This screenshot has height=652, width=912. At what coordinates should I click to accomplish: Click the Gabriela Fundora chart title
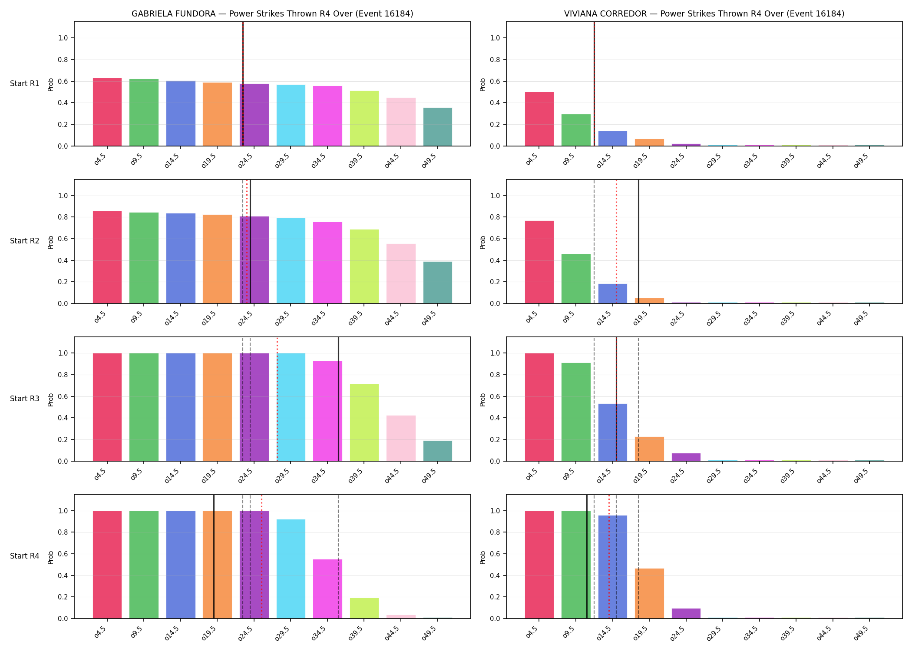pos(272,13)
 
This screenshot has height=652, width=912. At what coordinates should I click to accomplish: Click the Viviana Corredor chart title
pos(704,13)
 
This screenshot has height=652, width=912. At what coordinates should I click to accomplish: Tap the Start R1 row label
pos(25,83)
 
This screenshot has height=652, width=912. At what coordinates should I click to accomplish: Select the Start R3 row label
pos(25,399)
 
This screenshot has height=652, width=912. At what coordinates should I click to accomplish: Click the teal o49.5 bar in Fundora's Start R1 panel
pos(438,127)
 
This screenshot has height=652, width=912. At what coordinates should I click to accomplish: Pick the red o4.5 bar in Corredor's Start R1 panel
pos(539,119)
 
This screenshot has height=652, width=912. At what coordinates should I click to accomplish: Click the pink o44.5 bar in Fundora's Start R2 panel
pos(401,273)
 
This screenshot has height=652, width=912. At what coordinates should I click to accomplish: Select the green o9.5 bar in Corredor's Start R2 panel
pos(576,279)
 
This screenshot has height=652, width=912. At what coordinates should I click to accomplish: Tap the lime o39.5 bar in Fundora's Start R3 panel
pos(364,422)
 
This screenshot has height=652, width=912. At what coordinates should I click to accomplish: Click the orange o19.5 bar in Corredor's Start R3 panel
pos(649,449)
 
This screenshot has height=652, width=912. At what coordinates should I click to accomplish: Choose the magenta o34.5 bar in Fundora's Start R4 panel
pos(327,589)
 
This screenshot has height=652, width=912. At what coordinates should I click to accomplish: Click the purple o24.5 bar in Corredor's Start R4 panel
pos(686,613)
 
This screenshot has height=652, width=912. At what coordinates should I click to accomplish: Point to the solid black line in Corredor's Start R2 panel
pos(638,241)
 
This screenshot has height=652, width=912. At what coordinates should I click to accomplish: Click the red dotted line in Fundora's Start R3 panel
pos(277,399)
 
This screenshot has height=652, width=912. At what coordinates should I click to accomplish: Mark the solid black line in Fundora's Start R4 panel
pos(214,556)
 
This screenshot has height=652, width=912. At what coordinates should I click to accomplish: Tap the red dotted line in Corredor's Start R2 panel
pos(616,241)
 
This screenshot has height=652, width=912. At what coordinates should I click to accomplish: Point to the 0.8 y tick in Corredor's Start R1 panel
pos(495,60)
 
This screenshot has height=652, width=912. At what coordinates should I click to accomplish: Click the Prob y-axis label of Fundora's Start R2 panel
pos(51,242)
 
